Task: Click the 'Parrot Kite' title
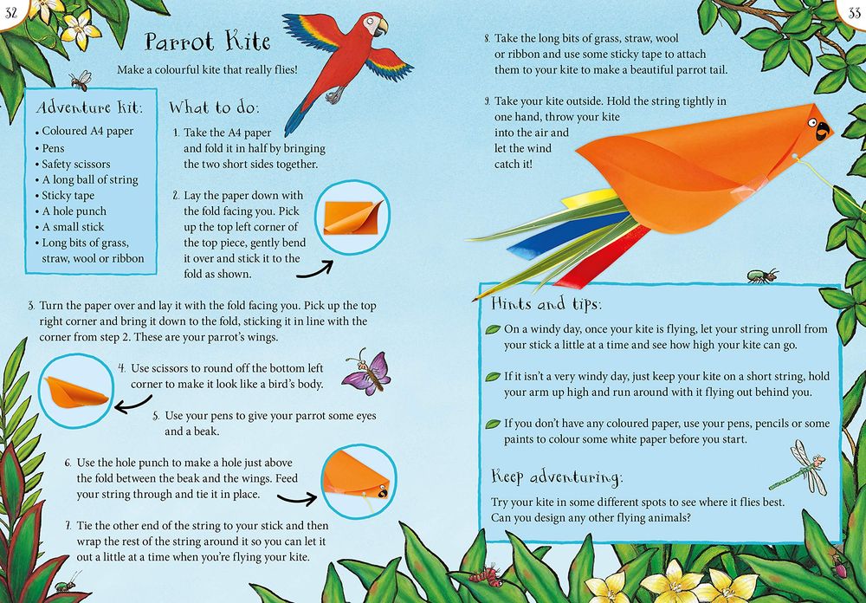coord(208,41)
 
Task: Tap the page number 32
coord(12,9)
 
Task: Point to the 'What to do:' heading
coord(214,108)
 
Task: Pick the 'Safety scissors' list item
coord(76,164)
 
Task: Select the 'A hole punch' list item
coord(74,211)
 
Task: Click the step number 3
coord(31,307)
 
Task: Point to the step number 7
coord(68,526)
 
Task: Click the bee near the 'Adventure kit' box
coord(81,80)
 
